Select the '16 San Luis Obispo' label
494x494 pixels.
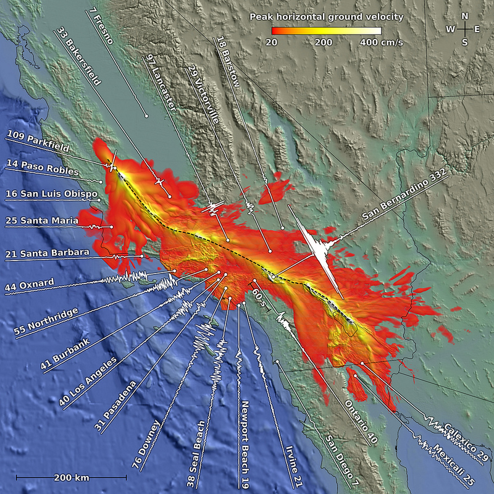pyautogui.click(x=52, y=194)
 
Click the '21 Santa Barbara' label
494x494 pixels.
pyautogui.click(x=47, y=253)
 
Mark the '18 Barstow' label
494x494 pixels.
pyautogui.click(x=228, y=59)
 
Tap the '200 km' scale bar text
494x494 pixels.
pyautogui.click(x=72, y=477)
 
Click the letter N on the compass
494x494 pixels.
pyautogui.click(x=464, y=16)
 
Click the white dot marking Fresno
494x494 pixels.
pyautogui.click(x=146, y=116)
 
